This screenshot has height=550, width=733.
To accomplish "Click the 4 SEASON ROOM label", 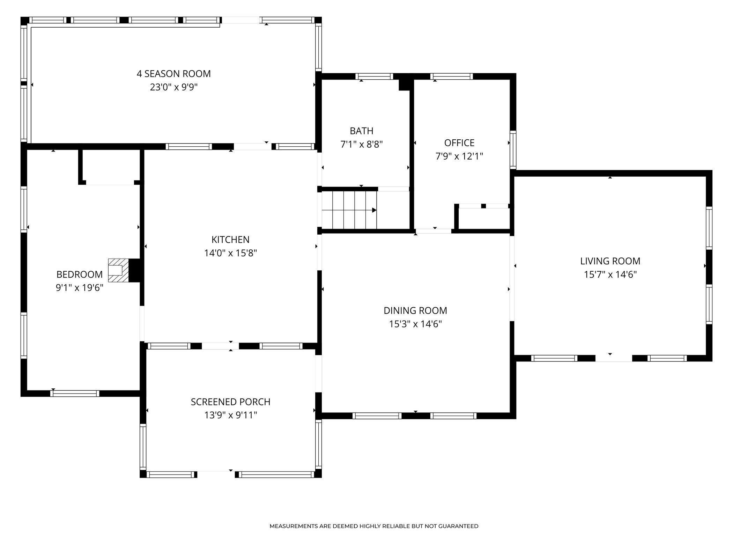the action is pos(173,74).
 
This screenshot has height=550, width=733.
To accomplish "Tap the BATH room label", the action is pos(362,131).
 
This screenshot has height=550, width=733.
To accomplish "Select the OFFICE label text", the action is pos(459,143).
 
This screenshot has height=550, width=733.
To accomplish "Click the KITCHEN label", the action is pos(230,240).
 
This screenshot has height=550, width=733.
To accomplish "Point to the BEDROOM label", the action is pos(80,274).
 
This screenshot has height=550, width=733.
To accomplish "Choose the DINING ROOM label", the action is pos(415,310).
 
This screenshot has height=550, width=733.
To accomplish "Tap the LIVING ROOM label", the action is pos(610,261).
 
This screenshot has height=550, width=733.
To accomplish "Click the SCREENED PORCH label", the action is pos(230,402).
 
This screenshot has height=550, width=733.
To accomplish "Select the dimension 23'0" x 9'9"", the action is pos(174,87).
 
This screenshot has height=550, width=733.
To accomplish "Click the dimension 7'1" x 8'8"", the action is pos(362,144).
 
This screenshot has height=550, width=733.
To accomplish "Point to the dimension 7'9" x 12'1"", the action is pos(459,156).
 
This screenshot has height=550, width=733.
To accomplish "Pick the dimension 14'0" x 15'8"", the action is pos(230,253).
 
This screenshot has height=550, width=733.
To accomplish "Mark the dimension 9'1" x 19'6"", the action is pos(80,288).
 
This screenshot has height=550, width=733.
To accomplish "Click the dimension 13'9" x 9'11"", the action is pos(230,415).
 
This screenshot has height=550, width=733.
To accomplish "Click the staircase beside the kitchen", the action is pos(349,210).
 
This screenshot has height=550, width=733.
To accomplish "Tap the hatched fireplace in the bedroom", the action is pos(118,270).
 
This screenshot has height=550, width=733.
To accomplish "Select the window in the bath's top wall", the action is pos(374,76).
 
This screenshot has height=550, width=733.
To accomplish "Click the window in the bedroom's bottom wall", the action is pos(75,394).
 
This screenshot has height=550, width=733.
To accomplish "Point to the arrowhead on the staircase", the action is pos(374,210).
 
